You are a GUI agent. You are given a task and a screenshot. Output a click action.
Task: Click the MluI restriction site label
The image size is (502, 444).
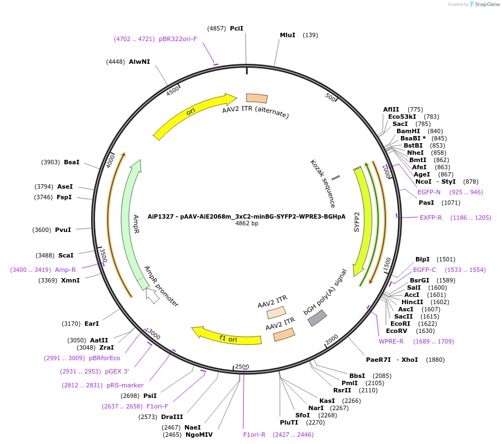(287, 35)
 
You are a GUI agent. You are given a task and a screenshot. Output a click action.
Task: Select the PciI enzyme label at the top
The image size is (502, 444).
(237, 28)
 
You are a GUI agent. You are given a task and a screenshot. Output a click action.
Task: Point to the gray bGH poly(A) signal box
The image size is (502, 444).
(317, 318)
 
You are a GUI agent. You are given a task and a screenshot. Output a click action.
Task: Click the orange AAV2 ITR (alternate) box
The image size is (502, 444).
(257, 98)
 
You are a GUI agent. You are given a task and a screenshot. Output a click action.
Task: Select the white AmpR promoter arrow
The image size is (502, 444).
(152, 296)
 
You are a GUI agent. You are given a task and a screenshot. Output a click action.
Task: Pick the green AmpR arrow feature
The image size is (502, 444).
(131, 222)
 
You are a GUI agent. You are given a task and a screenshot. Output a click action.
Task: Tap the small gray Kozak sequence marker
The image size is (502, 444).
(335, 178)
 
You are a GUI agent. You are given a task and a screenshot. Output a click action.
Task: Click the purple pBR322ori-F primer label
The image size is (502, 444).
(178, 39)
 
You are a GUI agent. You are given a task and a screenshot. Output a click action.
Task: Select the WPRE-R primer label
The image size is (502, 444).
(391, 341)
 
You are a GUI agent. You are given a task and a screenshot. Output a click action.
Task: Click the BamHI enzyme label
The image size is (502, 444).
(408, 131)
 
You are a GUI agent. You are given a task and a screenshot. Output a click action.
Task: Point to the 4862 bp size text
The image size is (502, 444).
(247, 224)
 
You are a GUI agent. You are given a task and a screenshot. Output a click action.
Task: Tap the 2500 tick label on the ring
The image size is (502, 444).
(242, 367)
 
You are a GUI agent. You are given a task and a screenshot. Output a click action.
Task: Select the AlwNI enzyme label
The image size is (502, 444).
(139, 62)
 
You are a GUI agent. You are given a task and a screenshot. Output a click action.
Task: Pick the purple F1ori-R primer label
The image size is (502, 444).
(254, 435)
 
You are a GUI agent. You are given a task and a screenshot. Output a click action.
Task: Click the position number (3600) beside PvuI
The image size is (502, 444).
(43, 230)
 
